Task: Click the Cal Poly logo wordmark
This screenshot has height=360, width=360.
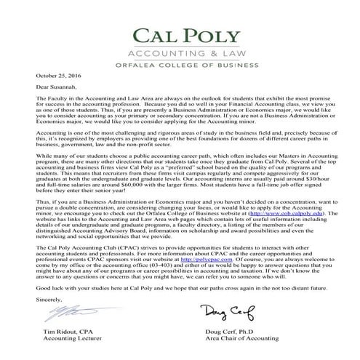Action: pos(180,36)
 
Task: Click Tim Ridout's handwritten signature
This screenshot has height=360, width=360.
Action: pos(65,313)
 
